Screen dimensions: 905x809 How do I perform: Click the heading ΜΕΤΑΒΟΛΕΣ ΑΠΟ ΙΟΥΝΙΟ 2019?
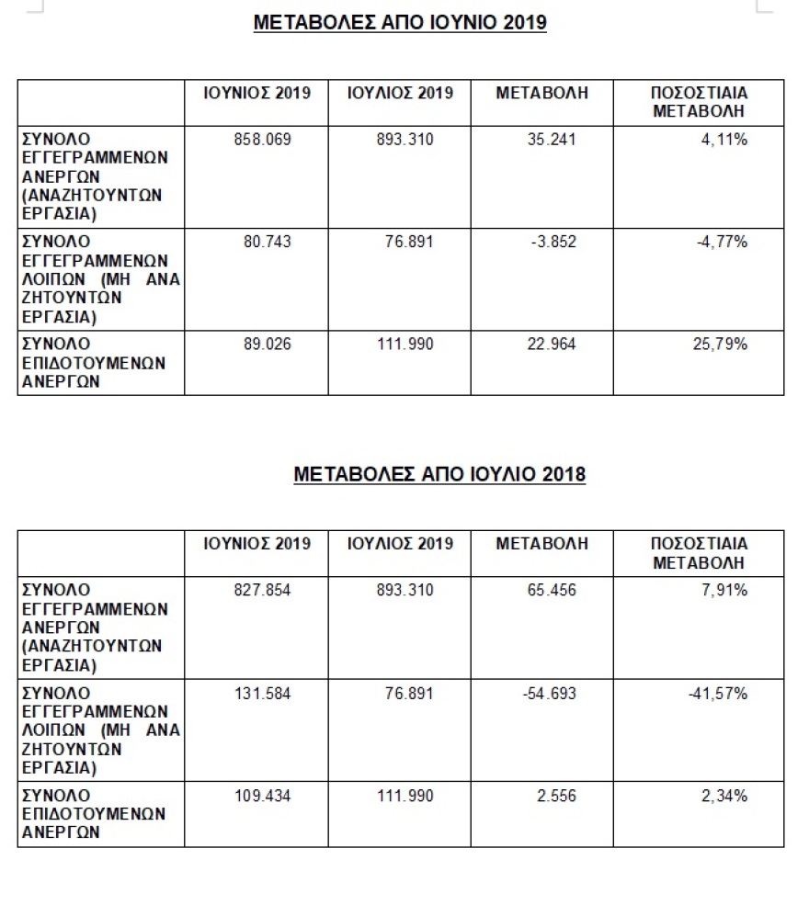coord(400,23)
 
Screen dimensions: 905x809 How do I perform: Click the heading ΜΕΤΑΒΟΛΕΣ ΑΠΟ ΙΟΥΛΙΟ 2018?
coord(439,474)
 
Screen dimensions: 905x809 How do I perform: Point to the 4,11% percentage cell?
coord(724,141)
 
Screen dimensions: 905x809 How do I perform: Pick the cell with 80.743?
coord(267,243)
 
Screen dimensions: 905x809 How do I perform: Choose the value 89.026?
coord(267,345)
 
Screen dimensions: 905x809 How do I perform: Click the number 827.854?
coord(262,591)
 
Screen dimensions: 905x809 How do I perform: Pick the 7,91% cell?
coord(724,591)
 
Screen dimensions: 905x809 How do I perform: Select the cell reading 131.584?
coord(262,694)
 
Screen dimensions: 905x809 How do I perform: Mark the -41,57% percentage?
coord(717,694)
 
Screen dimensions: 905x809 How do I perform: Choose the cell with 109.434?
coord(262,796)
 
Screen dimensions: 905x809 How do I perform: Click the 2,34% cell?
coord(724,796)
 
